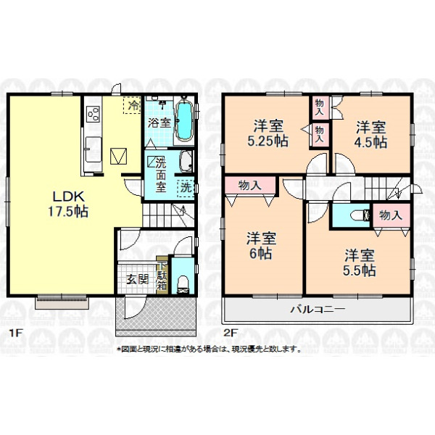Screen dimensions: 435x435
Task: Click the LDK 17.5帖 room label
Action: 68,204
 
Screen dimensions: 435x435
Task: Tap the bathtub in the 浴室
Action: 184,121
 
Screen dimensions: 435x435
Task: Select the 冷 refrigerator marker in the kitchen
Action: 132,105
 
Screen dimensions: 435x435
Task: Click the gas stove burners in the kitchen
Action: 94,114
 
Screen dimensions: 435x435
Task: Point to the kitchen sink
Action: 94,149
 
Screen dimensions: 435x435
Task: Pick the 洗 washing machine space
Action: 186,188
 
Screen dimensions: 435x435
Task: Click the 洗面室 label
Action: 161,175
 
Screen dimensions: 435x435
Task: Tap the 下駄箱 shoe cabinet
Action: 162,275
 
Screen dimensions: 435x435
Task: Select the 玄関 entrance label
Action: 137,279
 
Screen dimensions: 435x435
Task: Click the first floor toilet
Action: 183,285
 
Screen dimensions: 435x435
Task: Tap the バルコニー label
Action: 318,309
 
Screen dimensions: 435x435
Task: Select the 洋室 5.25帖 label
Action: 268,133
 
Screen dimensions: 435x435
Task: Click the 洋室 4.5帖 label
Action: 370,135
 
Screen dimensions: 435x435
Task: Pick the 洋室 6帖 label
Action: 261,246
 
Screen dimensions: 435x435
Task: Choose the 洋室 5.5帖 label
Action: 360,262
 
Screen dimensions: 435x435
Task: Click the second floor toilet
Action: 360,215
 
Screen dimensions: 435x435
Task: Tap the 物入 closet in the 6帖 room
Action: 250,186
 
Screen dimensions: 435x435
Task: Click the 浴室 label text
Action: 159,123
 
